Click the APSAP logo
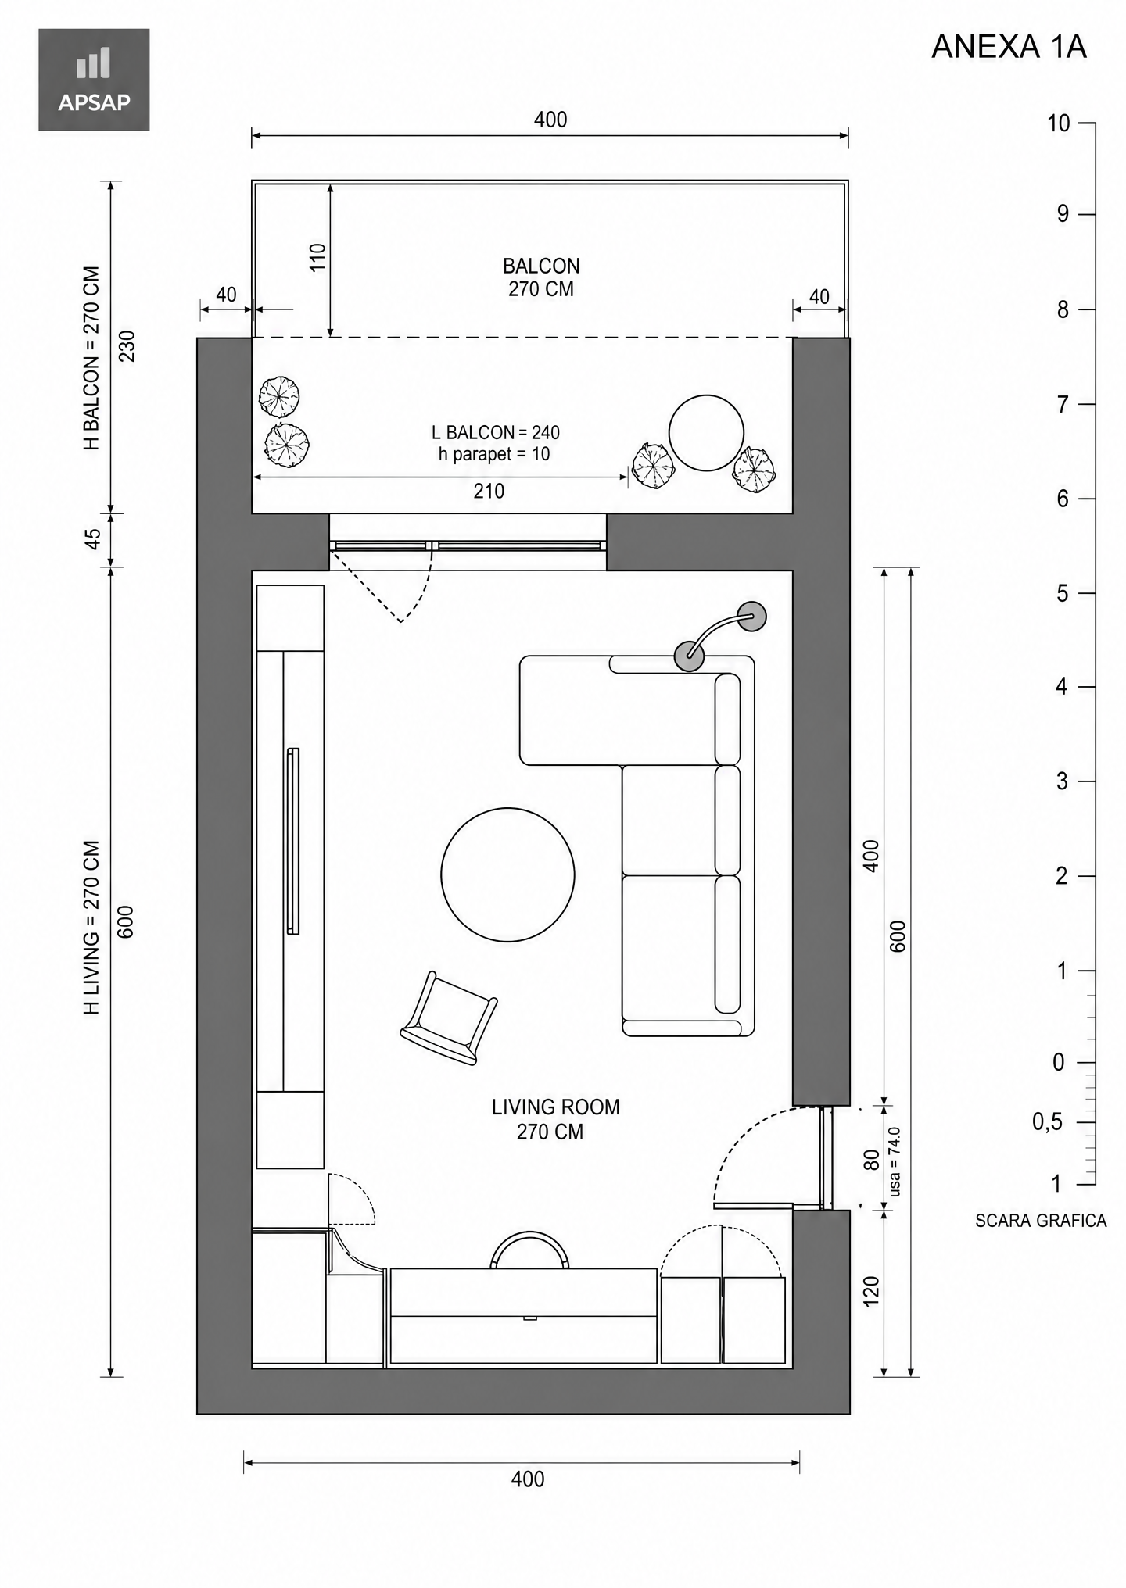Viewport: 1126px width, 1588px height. click(x=94, y=80)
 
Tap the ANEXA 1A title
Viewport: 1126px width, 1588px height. click(x=1009, y=47)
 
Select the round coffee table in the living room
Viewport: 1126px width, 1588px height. click(x=507, y=874)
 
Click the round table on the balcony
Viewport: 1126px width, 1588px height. click(x=706, y=433)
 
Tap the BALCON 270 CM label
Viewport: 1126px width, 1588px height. click(x=541, y=277)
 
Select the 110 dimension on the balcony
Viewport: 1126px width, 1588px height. click(x=317, y=257)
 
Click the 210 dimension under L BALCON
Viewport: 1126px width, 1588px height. click(x=489, y=491)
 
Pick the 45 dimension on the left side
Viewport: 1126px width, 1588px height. click(x=93, y=539)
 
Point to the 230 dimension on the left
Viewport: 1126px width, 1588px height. click(x=127, y=346)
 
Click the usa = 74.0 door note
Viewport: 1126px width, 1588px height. click(x=895, y=1161)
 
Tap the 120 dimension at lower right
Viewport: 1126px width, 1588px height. click(x=871, y=1291)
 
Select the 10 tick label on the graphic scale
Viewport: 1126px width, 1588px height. click(x=1058, y=123)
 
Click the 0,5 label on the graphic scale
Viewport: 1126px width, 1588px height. click(x=1047, y=1121)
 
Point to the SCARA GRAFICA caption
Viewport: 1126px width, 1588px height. click(x=1041, y=1221)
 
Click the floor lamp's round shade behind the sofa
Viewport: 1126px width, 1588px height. click(x=752, y=616)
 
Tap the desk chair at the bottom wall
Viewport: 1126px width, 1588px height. click(x=529, y=1250)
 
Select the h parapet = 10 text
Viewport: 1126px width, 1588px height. click(x=494, y=454)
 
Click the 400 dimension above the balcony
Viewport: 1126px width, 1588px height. click(x=550, y=120)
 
